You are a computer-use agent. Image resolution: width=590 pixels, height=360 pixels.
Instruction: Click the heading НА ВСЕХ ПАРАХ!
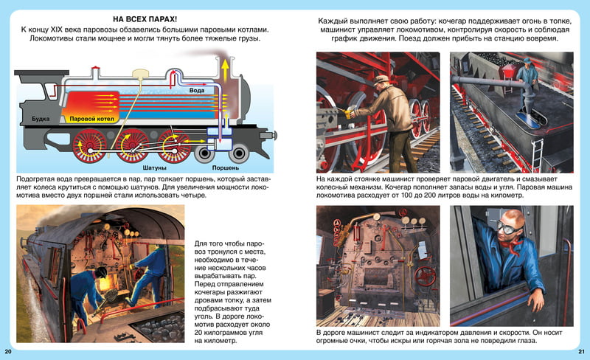[145, 19]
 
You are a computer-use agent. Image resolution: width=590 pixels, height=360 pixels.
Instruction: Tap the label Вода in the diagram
[196, 91]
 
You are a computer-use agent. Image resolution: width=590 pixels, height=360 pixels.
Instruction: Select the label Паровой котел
[91, 119]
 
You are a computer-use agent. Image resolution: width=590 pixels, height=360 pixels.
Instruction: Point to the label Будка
[41, 119]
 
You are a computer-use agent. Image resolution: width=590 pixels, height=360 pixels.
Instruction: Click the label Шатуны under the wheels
[154, 168]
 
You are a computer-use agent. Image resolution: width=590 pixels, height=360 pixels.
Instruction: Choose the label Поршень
[226, 168]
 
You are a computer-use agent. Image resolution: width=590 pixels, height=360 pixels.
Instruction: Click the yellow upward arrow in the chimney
[225, 70]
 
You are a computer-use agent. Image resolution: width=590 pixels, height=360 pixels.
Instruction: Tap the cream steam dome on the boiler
[141, 73]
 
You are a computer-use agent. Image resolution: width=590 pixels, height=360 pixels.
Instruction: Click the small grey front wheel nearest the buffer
[238, 153]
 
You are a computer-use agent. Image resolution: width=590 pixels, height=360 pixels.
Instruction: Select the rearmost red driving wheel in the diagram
[89, 146]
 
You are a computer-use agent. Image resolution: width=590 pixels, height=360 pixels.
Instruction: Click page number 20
[8, 352]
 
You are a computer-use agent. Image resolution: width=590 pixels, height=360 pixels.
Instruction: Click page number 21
[581, 352]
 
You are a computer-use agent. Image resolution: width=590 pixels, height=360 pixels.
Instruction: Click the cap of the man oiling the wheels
[381, 79]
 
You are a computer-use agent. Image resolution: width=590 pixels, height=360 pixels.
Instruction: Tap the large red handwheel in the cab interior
[426, 276]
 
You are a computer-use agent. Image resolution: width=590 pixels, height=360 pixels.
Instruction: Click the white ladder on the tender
[537, 155]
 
